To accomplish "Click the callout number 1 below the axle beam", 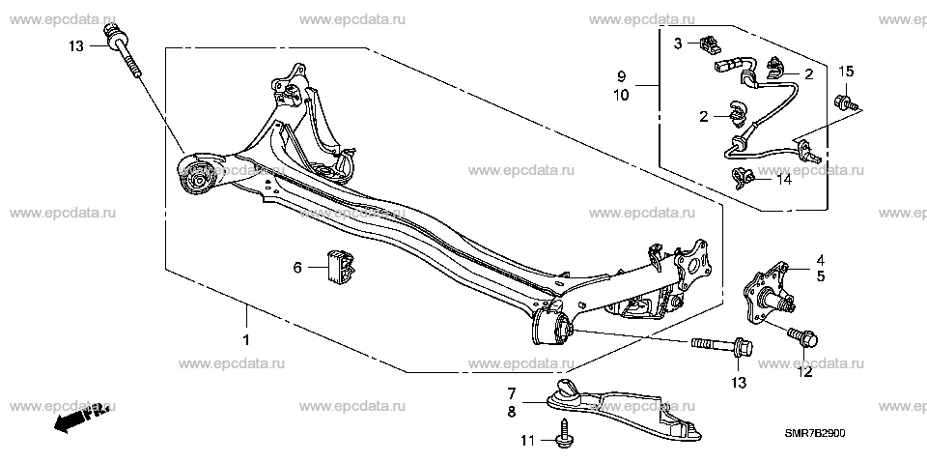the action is (246, 340).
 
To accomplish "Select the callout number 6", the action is (297, 268).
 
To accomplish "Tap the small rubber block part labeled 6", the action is (340, 267).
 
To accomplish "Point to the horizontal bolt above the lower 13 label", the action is (721, 345).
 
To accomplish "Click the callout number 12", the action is (805, 372).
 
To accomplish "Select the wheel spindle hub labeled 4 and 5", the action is (766, 296).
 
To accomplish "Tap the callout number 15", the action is (846, 72).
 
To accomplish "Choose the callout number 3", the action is (678, 43).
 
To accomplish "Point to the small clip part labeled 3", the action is (707, 43).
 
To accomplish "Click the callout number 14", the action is (783, 179).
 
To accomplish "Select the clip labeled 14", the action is (743, 177).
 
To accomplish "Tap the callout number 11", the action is (528, 441).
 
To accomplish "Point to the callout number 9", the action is (621, 75).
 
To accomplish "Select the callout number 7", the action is (512, 392).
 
